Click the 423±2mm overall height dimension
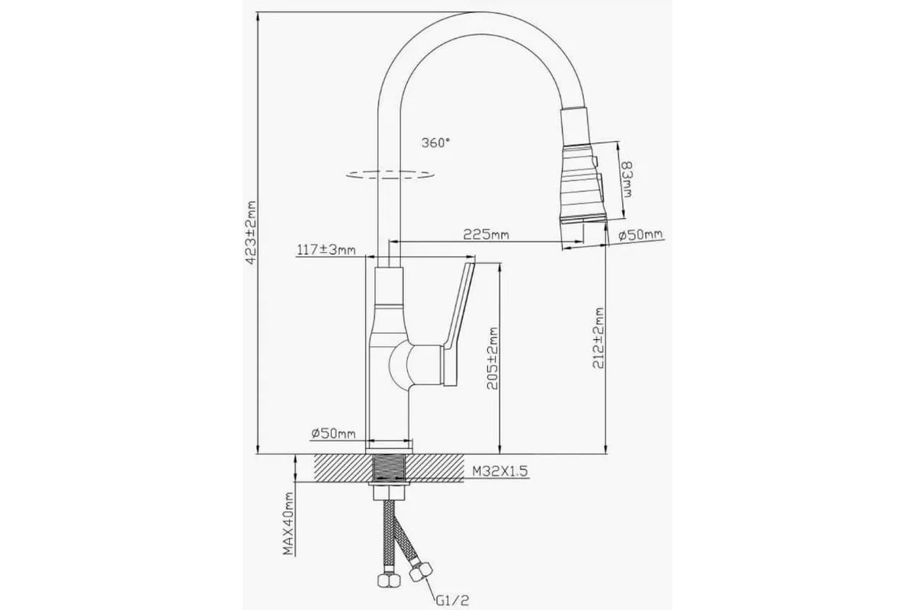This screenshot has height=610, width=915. pyautogui.click(x=251, y=232)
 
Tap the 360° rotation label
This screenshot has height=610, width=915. pyautogui.click(x=435, y=143)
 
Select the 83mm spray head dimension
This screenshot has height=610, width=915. pyautogui.click(x=626, y=179)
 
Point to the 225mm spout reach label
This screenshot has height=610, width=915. pyautogui.click(x=486, y=235)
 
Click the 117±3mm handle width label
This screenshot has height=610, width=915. pyautogui.click(x=326, y=249)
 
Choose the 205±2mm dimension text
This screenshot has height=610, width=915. pyautogui.click(x=493, y=358)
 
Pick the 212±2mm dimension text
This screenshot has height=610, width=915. pyautogui.click(x=599, y=339)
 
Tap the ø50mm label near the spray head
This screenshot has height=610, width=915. pyautogui.click(x=640, y=235)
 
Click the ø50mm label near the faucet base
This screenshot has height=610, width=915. pyautogui.click(x=333, y=434)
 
